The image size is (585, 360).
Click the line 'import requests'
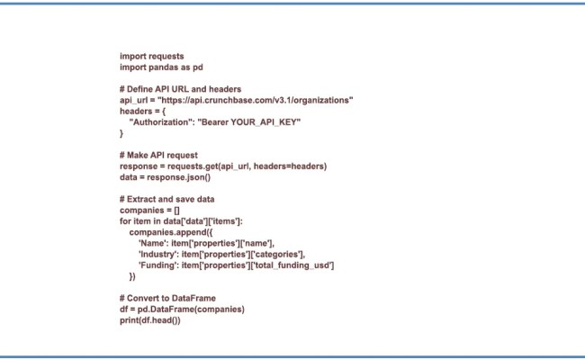(x=151, y=56)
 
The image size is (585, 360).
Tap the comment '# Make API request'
(x=159, y=155)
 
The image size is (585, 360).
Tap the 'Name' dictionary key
(x=151, y=242)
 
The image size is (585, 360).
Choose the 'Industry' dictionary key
(x=157, y=253)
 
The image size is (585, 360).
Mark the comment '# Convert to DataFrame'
(x=173, y=298)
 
